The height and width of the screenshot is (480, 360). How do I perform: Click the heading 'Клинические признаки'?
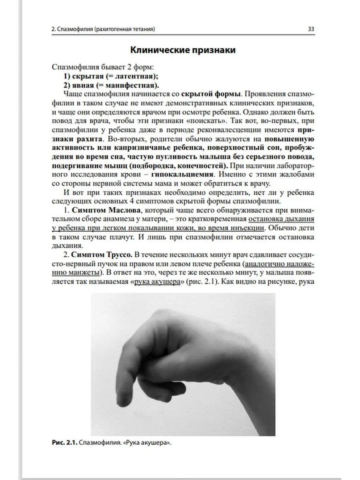tap(183, 50)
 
